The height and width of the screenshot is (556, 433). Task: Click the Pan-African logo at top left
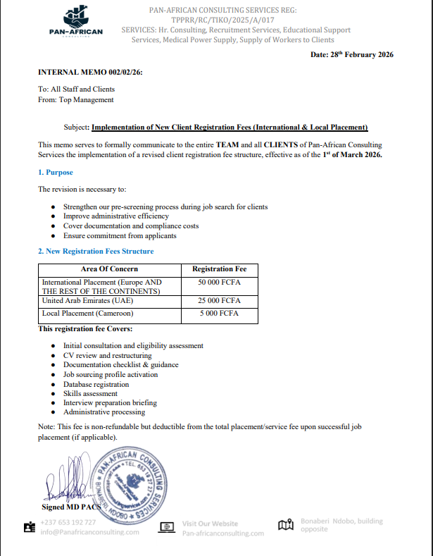coord(75,23)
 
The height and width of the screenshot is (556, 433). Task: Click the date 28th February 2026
coord(351,55)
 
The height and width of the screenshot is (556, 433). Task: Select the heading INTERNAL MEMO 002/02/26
coord(90,73)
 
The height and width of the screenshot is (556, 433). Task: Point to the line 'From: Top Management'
coord(76,100)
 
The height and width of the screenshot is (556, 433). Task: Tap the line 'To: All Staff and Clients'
coord(76,89)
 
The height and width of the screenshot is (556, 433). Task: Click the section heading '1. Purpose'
coord(56,172)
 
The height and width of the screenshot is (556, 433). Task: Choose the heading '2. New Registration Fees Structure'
coord(96,251)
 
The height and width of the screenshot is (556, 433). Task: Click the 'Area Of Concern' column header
coord(109,268)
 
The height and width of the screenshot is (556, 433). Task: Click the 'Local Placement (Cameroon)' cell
coord(87,313)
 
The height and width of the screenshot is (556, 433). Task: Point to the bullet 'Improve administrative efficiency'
coord(115,216)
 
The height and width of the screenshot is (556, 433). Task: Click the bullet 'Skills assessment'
coord(90,394)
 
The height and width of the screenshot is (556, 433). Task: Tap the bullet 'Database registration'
coord(96,385)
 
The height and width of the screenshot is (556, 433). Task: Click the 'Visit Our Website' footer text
coord(210,524)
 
